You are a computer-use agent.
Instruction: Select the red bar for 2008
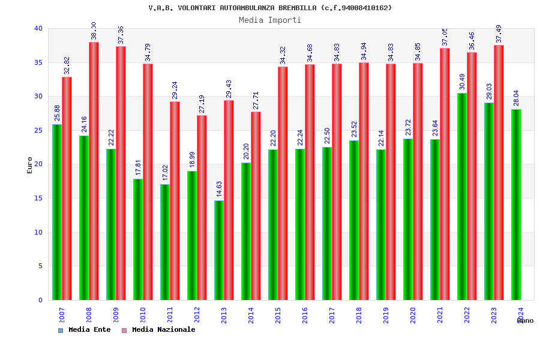94,171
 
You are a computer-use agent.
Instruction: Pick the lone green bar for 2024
516,205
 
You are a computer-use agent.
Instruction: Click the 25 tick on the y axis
38,130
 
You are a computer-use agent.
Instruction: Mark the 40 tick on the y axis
38,28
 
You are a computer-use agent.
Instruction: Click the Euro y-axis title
30,165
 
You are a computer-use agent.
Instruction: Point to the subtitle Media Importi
270,20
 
